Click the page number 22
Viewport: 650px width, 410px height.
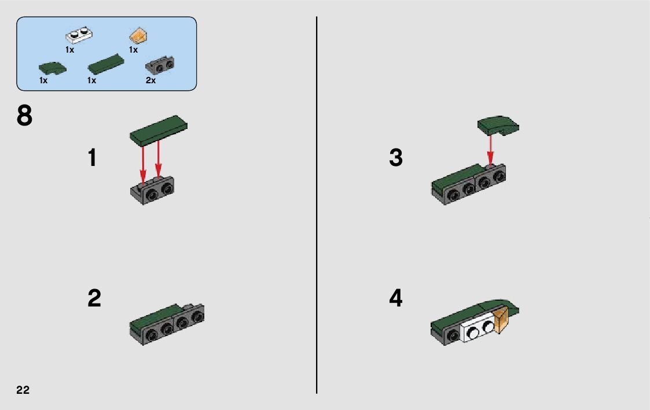coord(23,390)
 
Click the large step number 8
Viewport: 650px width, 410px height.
coord(24,116)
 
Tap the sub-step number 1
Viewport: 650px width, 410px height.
coord(93,158)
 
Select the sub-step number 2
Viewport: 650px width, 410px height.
coord(94,298)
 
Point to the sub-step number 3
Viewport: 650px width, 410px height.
coord(396,158)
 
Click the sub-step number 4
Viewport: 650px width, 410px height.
coord(396,298)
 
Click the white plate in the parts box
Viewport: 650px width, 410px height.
coord(79,35)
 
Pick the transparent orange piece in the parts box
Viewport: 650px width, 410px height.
coord(139,36)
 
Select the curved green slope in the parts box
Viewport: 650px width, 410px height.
coord(52,68)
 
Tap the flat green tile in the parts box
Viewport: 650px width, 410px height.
coord(106,64)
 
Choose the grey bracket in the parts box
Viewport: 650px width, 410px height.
coord(160,65)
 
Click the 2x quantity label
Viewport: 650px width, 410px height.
coord(150,80)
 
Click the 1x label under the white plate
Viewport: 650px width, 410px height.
coord(69,50)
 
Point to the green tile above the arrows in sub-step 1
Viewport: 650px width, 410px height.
coord(159,130)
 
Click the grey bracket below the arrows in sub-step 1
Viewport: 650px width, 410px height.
coord(152,190)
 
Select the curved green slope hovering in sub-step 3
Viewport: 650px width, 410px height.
coord(498,125)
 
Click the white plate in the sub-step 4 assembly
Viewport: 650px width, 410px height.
coord(478,328)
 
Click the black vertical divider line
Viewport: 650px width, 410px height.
coord(317,205)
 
